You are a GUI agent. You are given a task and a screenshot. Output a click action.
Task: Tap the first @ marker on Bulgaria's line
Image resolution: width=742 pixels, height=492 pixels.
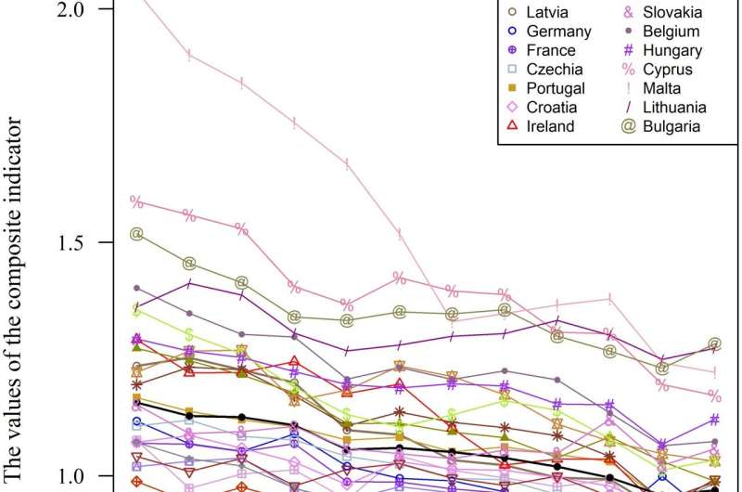[136, 234]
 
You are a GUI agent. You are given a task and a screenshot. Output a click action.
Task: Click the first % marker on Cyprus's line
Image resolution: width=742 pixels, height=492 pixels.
[136, 201]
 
